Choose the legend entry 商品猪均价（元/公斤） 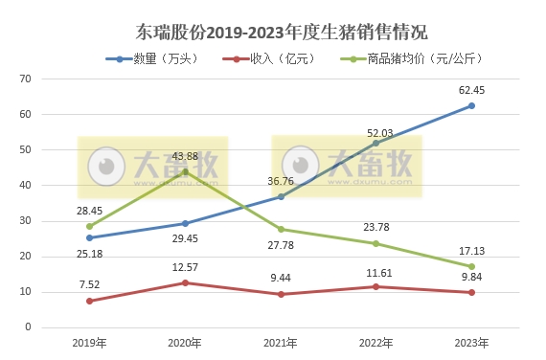click(x=402, y=59)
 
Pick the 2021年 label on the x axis click(x=280, y=343)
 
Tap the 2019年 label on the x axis click(x=89, y=343)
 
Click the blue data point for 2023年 click(x=471, y=105)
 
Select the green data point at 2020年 click(x=185, y=171)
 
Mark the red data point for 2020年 click(x=185, y=282)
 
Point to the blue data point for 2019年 click(x=89, y=237)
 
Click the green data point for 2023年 click(x=471, y=266)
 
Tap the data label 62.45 click(x=471, y=91)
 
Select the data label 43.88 click(x=185, y=156)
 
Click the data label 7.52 click(x=89, y=285)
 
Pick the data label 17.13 click(x=471, y=251)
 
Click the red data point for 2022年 click(x=375, y=286)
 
